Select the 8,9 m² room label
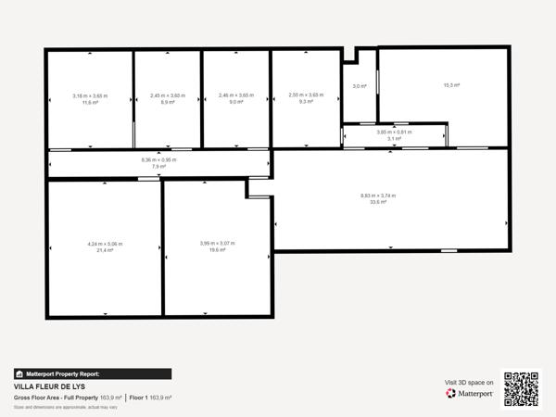(168, 103)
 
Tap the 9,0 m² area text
(235, 103)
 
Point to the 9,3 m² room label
(305, 103)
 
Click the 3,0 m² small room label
(360, 86)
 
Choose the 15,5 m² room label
(451, 85)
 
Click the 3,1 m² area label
(394, 139)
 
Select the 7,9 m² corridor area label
(158, 167)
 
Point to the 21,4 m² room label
(105, 250)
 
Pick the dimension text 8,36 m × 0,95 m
(158, 159)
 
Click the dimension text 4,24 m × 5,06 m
(105, 244)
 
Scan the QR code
(521, 388)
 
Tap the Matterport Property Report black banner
(93, 373)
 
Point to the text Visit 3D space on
(469, 382)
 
